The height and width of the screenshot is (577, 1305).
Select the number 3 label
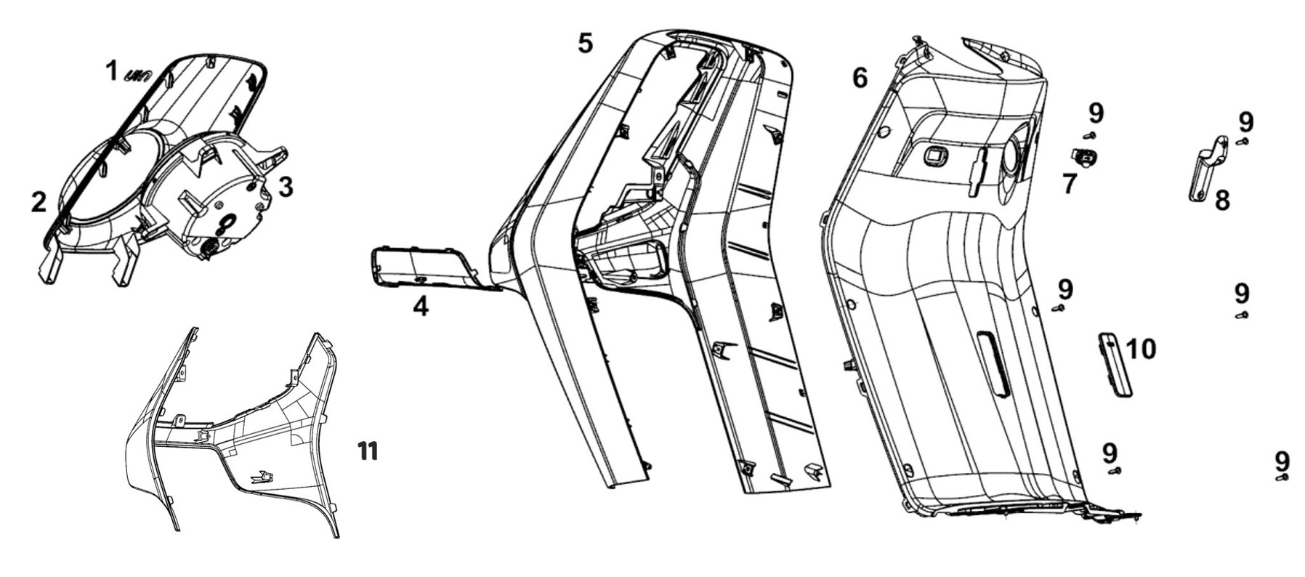(286, 187)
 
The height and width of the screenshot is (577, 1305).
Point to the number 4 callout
(420, 307)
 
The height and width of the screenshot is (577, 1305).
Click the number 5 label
(586, 44)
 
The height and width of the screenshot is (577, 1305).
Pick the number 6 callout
(860, 77)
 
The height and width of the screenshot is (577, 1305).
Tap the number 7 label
(1069, 184)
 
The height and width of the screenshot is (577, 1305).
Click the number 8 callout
(1222, 201)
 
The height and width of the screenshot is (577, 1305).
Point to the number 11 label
(368, 451)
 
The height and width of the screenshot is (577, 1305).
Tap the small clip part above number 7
(1084, 156)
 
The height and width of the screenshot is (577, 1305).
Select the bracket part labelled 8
(1207, 172)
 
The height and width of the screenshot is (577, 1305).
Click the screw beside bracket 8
(1243, 141)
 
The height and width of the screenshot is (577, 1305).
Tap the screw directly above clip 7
(1088, 135)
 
